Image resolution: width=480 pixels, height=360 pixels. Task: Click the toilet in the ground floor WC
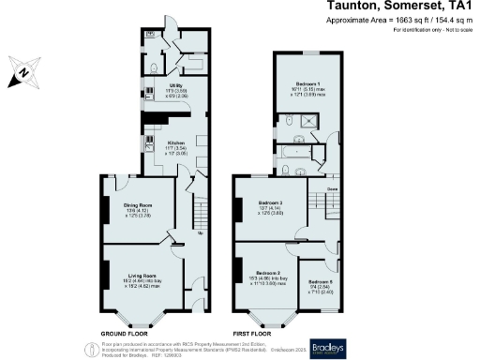[x=153, y=67]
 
